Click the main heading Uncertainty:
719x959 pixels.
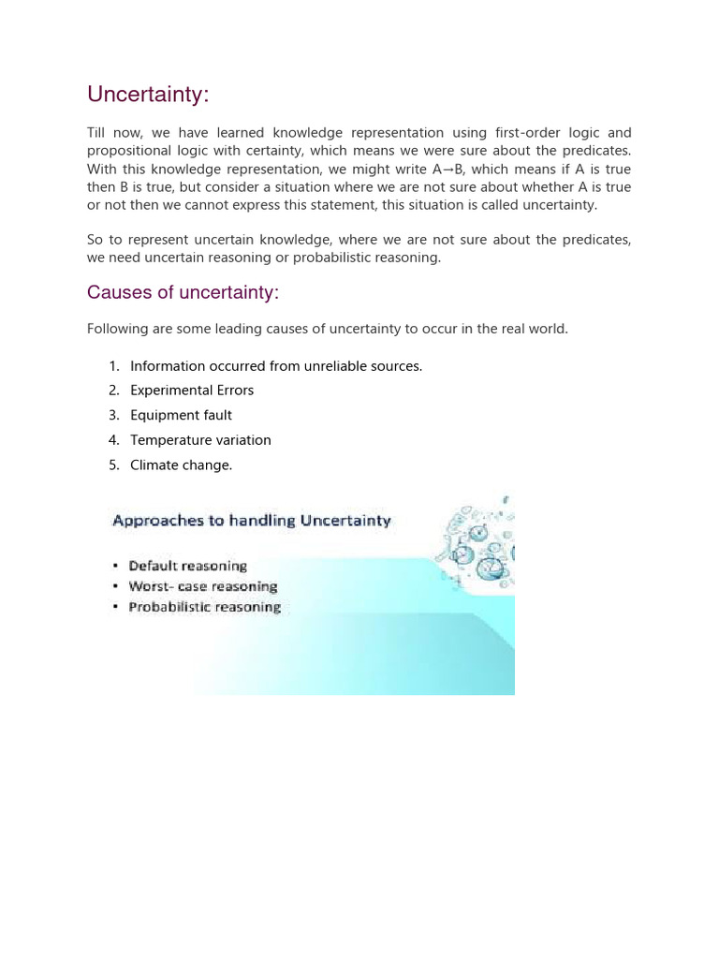click(x=148, y=95)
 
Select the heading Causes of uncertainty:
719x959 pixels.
click(x=183, y=293)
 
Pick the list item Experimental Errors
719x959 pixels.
click(x=192, y=391)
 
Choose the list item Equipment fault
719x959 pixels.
click(x=181, y=415)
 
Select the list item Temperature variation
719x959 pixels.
click(x=200, y=440)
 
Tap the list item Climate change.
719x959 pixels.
click(x=181, y=465)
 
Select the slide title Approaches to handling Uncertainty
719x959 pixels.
click(x=251, y=521)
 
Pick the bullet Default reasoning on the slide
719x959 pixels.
click(x=187, y=566)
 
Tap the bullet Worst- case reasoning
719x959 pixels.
click(x=202, y=586)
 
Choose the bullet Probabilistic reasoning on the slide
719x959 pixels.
click(x=204, y=607)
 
